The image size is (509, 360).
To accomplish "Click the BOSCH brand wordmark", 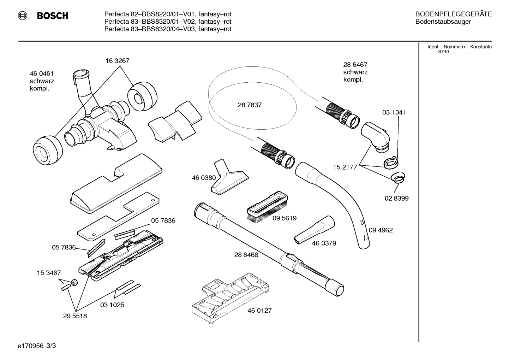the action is tap(53, 16).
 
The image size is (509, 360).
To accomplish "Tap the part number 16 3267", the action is tap(117, 61).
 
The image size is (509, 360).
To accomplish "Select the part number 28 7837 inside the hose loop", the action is tap(250, 105).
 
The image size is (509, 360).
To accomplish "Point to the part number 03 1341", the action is tap(394, 112).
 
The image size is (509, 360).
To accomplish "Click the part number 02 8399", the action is tap(396, 198).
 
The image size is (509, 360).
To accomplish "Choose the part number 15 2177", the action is tap(345, 167).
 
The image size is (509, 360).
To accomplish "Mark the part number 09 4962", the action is tap(381, 230).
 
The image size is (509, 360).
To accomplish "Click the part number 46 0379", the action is tap(324, 243).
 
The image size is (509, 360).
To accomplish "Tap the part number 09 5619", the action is tap(285, 218).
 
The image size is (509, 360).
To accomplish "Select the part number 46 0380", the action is tap(204, 178).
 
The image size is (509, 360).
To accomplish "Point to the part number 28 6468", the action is tap(246, 255).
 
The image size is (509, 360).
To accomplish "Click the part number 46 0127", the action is tap(259, 311).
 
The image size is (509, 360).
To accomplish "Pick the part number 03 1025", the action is tap(112, 305).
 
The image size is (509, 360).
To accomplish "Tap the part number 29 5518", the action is tap(75, 316).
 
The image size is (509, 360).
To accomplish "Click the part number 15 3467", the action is tap(49, 273).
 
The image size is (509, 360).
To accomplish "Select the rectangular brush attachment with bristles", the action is tap(267, 206).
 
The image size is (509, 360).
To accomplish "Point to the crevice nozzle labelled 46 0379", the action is tap(314, 230).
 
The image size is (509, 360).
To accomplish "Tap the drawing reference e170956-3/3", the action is tap(37, 346).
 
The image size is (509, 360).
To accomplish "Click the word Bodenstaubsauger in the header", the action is tap(443, 22).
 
